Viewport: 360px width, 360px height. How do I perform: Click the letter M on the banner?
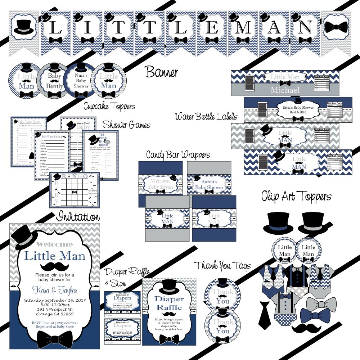coord(243,27)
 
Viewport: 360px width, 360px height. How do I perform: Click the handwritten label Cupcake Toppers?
coord(109,106)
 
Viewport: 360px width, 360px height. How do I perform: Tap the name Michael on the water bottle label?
coord(285,90)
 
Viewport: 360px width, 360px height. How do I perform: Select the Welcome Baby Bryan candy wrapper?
coord(161,182)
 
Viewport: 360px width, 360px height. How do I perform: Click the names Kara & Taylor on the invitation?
coord(55,290)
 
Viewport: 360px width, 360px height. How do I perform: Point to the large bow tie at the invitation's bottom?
coord(55,338)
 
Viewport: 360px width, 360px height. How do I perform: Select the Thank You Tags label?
coord(222,266)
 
